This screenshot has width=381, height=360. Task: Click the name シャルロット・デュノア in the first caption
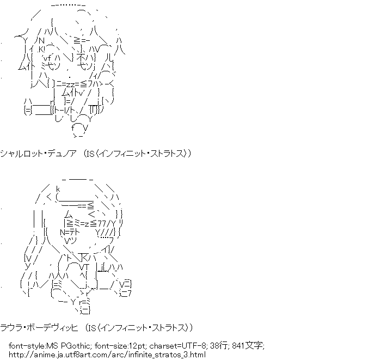pos(39,154)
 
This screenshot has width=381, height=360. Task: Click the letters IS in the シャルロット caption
pos(93,154)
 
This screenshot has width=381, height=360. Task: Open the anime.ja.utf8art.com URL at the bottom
pos(107,355)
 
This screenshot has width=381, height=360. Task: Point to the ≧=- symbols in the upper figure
pos(81,40)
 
